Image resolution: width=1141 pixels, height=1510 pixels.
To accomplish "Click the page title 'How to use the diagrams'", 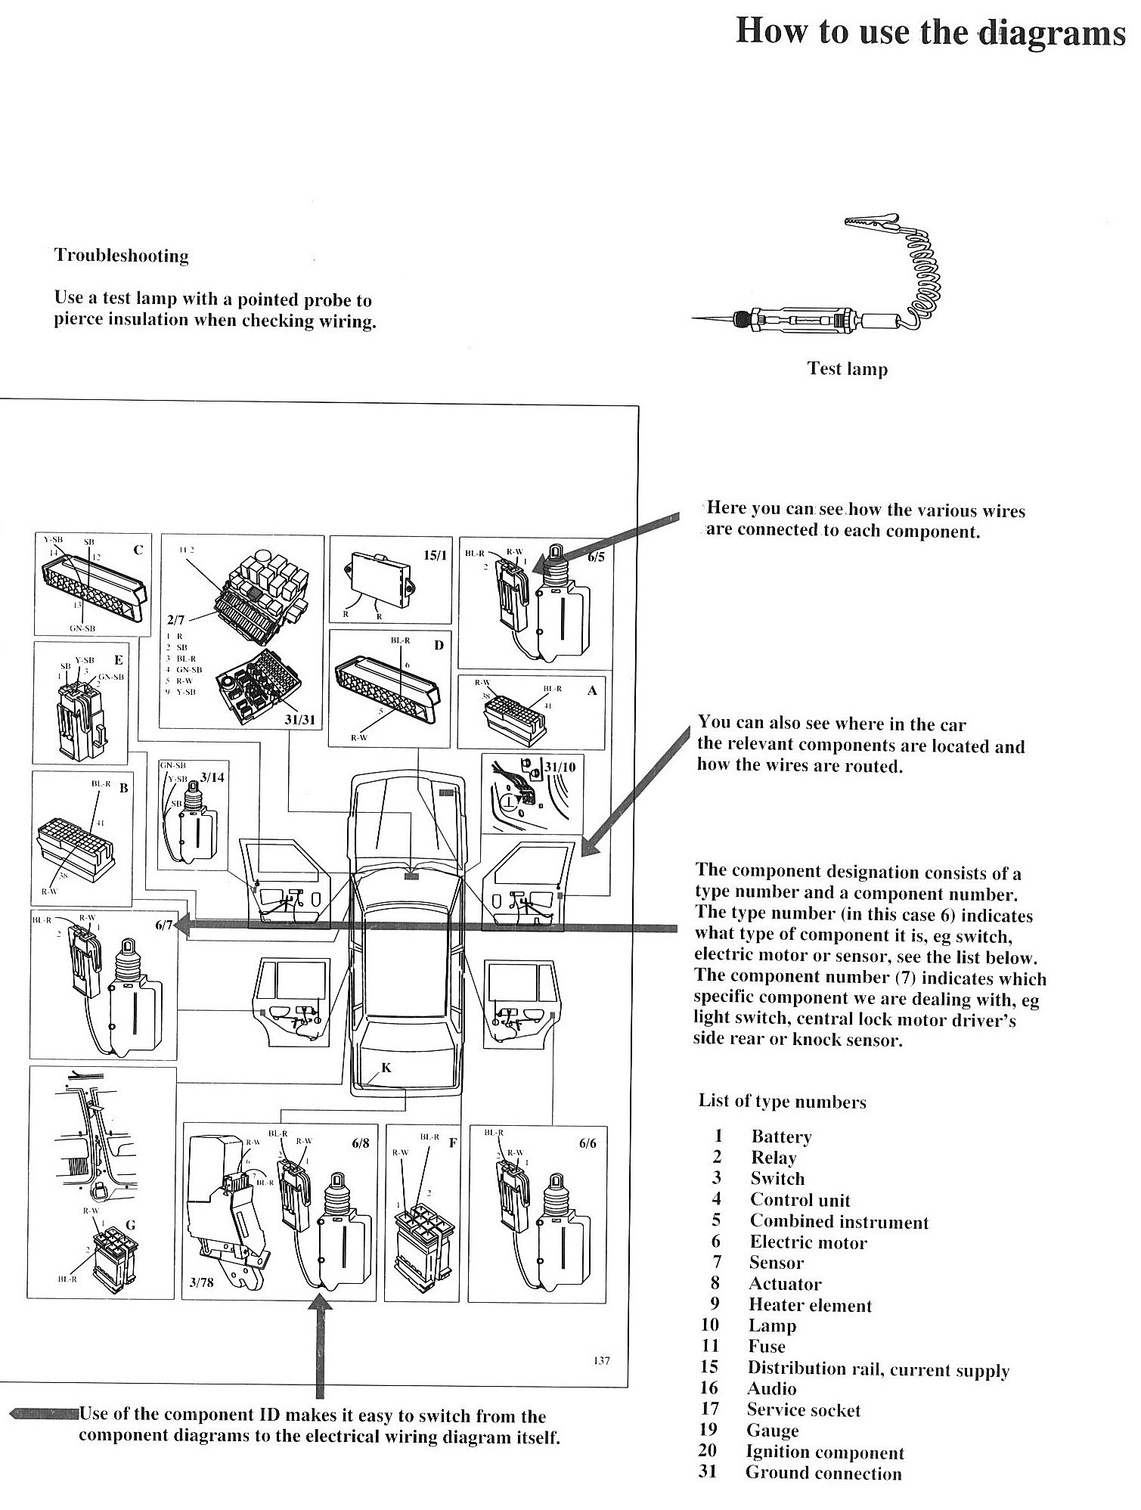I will point(930,33).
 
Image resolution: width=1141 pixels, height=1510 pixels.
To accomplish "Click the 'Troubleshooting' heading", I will point(122,256).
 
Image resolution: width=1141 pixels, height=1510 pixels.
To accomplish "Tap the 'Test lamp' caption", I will point(847,369).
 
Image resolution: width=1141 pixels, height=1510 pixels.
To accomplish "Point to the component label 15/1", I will point(434,556).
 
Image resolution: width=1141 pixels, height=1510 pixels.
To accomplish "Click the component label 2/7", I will point(175,620).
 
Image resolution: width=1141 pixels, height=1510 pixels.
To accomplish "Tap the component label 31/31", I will point(300,719).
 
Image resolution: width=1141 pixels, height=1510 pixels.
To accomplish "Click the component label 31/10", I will point(561,767).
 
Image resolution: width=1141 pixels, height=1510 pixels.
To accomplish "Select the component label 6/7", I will point(164,926).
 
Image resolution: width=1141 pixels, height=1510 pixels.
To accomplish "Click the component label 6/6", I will point(587,1143).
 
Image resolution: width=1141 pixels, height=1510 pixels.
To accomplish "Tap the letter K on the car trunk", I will point(386,1068).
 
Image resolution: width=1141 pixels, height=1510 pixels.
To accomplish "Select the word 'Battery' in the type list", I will point(781,1136).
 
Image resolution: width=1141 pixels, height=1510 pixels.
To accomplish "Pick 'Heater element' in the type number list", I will point(810,1305).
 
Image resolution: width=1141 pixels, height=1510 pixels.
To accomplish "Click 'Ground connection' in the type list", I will point(823,1473).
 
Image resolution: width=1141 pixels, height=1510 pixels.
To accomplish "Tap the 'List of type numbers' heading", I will point(782,1102).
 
